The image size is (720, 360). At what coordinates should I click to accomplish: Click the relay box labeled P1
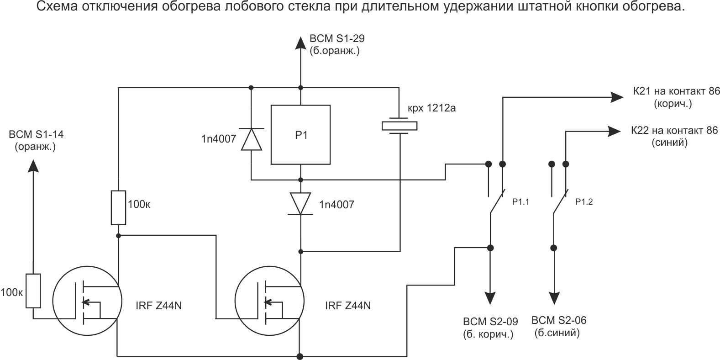click(x=300, y=135)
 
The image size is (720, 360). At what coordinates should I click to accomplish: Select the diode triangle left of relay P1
click(x=251, y=139)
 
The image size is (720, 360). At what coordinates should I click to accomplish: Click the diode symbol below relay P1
click(x=300, y=203)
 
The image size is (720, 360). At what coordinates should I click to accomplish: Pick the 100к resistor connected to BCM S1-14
click(x=33, y=291)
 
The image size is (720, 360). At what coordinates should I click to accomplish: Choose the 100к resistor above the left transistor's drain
click(x=118, y=208)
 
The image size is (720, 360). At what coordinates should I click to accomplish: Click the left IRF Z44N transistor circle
click(x=87, y=301)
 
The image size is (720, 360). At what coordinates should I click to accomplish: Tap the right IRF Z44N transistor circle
click(x=269, y=301)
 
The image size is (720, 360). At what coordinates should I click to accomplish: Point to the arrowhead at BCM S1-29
click(x=300, y=42)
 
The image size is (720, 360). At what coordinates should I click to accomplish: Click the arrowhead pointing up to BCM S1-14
click(x=33, y=165)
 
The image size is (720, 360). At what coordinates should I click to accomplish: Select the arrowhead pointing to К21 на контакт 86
click(x=617, y=97)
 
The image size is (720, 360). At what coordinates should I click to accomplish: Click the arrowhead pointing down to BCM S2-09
click(x=490, y=298)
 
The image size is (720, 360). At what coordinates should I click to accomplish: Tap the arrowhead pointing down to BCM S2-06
click(x=554, y=298)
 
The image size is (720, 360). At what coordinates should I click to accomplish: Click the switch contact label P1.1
click(x=520, y=201)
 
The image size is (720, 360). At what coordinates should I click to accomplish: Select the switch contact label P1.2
click(x=584, y=201)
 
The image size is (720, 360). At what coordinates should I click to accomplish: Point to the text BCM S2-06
click(x=559, y=320)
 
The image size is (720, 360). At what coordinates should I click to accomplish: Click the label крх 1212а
click(x=431, y=108)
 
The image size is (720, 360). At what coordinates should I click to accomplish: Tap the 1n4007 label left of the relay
click(x=219, y=139)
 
